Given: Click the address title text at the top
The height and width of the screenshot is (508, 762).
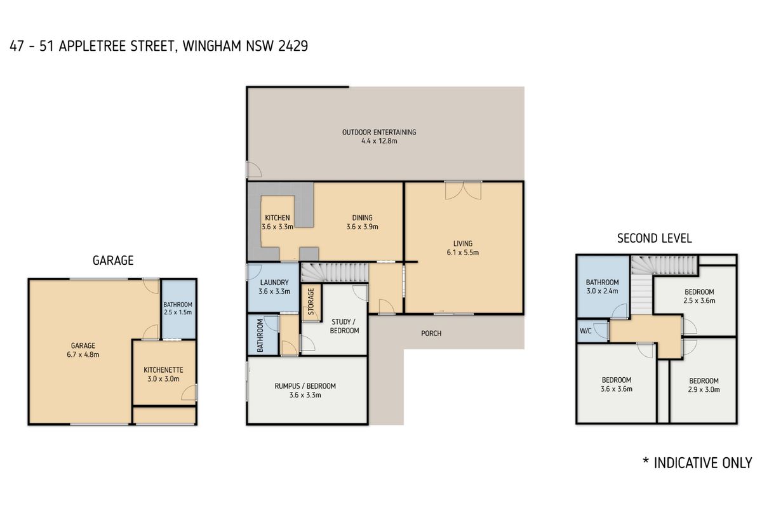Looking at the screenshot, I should [x=159, y=47].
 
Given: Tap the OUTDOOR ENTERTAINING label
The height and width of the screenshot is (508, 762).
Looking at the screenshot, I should [x=379, y=132].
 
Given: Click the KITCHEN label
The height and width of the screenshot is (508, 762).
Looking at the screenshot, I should [x=277, y=218].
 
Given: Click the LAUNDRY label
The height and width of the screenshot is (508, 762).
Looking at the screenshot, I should [x=275, y=283].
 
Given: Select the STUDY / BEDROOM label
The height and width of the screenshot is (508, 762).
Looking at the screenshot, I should [x=345, y=326].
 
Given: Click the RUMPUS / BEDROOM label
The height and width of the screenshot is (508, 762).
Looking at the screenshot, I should [x=305, y=386].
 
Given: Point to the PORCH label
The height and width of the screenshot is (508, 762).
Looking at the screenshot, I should [x=431, y=333].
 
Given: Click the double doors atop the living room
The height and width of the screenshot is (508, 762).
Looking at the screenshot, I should [x=463, y=189].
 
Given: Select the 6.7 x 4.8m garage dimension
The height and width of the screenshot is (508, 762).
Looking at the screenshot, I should [x=83, y=355].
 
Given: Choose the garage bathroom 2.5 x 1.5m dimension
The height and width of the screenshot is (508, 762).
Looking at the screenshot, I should [x=177, y=312].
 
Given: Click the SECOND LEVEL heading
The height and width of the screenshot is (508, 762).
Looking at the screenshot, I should [x=654, y=239].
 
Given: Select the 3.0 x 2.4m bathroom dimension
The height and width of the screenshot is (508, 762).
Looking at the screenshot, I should [x=602, y=291].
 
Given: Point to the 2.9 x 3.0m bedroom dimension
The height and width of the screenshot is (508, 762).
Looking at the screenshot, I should [x=704, y=390].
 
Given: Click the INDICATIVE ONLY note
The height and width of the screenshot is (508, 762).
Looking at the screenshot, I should [x=697, y=462].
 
